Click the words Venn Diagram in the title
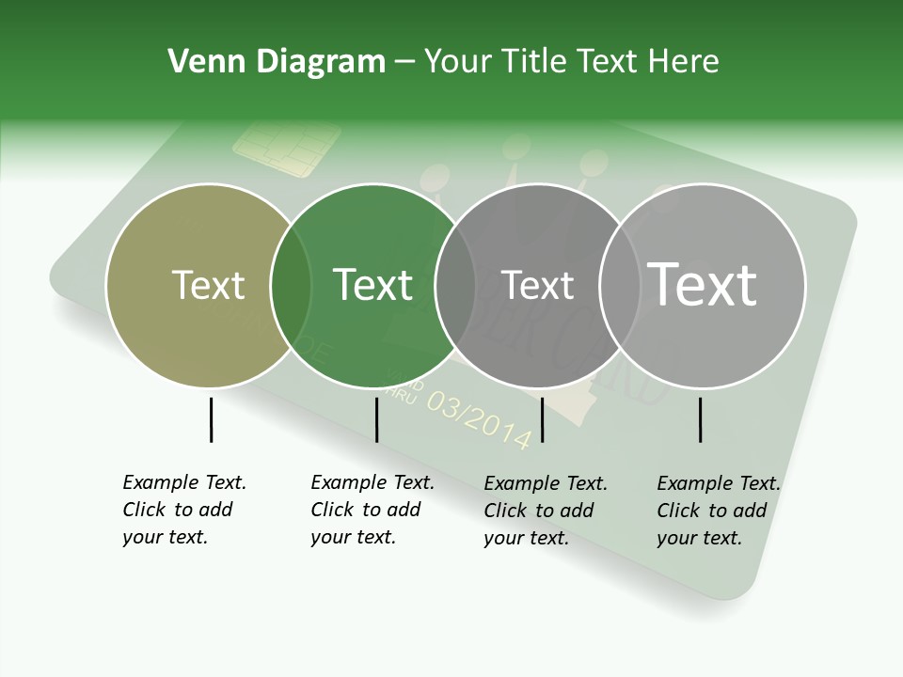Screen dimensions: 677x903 [277, 62]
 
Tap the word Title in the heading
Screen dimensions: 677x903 [533, 62]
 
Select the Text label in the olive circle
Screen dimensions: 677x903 [208, 285]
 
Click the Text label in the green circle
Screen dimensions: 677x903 [373, 285]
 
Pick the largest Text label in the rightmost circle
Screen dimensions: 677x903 [703, 284]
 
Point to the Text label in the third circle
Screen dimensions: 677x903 [537, 285]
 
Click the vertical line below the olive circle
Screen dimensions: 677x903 [211, 419]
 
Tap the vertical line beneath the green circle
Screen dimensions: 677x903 [376, 419]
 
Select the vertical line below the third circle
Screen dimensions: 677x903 [543, 419]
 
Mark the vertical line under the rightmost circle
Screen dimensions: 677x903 [701, 419]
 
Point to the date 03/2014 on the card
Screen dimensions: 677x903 [479, 419]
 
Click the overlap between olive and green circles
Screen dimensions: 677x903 [291, 286]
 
